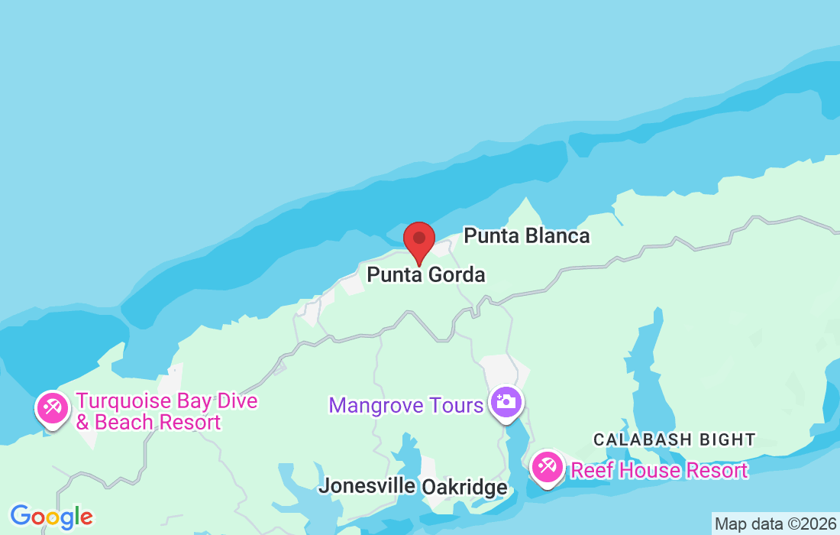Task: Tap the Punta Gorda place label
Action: click(x=426, y=274)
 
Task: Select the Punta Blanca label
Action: click(x=527, y=235)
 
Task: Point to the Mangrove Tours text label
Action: click(x=405, y=404)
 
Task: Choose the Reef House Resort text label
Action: click(x=659, y=470)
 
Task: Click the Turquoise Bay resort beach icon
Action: click(x=52, y=407)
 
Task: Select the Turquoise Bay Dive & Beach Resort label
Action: click(x=166, y=412)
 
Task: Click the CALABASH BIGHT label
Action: click(x=674, y=440)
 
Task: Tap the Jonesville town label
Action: click(x=367, y=485)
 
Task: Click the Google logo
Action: click(x=51, y=517)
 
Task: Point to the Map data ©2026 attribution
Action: click(x=775, y=524)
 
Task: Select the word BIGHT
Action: click(x=725, y=440)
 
